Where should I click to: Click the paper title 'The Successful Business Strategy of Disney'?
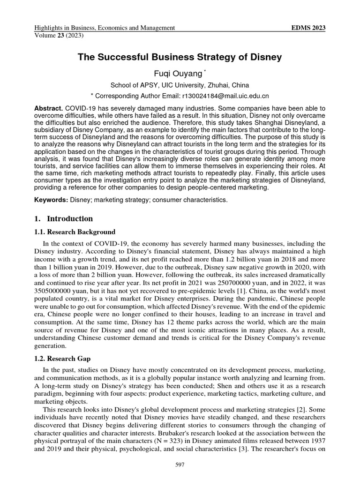[x=180, y=57]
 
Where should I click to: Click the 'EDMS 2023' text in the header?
[x=308, y=28]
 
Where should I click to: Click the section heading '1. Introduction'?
[x=64, y=218]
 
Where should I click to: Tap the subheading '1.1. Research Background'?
[x=75, y=232]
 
